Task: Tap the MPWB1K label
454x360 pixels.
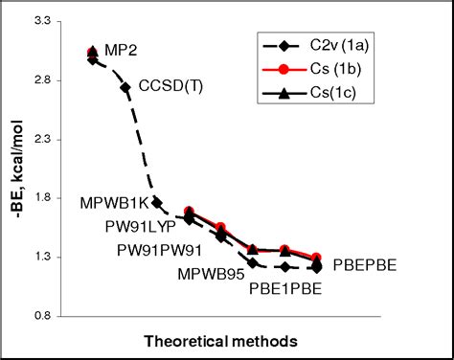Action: pos(114,203)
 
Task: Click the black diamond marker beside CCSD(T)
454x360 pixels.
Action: pos(125,87)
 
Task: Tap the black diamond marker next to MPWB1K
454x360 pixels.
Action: pos(156,203)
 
